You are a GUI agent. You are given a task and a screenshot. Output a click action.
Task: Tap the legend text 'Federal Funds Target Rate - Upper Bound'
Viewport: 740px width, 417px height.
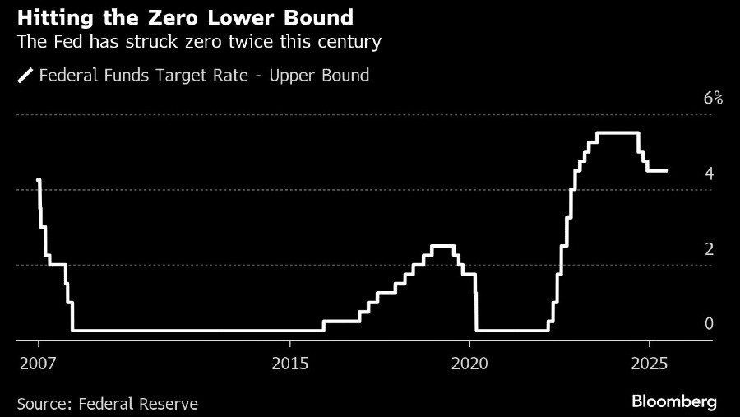(205, 76)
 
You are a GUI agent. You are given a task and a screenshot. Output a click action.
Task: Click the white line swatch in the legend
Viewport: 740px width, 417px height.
(25, 76)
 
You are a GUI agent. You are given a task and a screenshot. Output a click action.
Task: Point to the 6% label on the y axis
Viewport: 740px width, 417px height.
(713, 99)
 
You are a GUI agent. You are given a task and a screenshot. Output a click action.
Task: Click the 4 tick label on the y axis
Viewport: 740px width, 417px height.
(708, 174)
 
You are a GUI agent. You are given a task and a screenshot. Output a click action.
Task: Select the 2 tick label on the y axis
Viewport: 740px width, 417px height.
(708, 249)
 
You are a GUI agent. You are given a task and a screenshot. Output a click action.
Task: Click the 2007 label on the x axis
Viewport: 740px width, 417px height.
(38, 363)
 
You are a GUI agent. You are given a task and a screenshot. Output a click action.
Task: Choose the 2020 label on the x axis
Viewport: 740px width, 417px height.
(470, 363)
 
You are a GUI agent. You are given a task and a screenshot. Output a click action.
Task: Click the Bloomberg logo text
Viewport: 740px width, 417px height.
(673, 401)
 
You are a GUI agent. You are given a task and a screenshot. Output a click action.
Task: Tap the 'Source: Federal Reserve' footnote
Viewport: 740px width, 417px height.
(107, 404)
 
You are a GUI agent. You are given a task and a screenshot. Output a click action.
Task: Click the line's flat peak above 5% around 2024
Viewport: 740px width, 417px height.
(617, 133)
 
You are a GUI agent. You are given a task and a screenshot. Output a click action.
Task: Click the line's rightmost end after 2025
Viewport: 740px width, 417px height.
(667, 170)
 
